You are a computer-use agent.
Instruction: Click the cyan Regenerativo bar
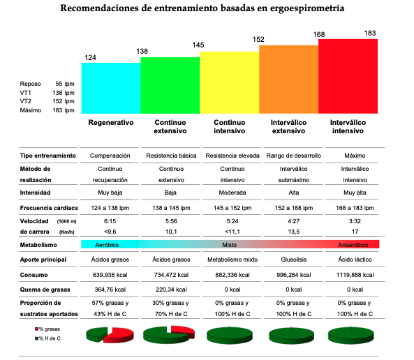point(111,88)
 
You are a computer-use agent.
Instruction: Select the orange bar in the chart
point(288,80)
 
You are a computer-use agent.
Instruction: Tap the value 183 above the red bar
point(369,33)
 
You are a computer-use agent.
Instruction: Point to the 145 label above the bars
point(198,45)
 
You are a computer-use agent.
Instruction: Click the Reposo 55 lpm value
point(65,84)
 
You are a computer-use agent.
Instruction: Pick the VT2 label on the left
point(26,101)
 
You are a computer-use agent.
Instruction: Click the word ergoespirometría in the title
point(306,8)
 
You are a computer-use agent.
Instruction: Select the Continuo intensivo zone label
point(230,127)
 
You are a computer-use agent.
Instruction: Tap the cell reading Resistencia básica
point(171,156)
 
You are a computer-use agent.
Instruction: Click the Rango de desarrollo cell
point(294,156)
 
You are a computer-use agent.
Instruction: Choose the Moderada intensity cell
point(232,193)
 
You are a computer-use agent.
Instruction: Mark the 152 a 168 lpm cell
point(294,208)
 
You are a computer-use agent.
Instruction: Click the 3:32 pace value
point(355,221)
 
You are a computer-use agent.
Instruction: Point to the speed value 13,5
point(294,232)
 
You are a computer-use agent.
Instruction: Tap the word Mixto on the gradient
point(229,245)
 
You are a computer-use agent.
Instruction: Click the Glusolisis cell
point(294,260)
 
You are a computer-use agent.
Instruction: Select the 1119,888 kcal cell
point(355,275)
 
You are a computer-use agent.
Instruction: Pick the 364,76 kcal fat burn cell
point(110,290)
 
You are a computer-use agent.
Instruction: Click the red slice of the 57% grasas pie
point(119,335)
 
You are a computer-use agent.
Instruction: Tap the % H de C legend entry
point(47,338)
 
